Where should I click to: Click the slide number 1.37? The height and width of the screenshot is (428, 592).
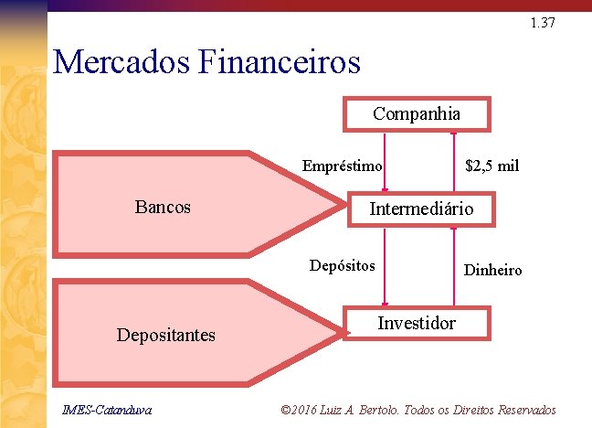(x=542, y=22)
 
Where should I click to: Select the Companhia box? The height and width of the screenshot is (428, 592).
(x=417, y=114)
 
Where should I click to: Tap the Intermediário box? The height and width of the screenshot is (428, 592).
(x=421, y=209)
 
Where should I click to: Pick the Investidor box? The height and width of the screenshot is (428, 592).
(x=417, y=324)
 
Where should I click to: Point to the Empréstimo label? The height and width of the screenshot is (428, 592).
(x=342, y=166)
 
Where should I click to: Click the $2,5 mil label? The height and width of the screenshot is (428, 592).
(x=492, y=166)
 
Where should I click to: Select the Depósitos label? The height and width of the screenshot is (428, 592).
(x=342, y=266)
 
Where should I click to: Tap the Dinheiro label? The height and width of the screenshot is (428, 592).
(x=493, y=270)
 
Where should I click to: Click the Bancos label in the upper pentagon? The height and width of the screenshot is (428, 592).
(x=163, y=207)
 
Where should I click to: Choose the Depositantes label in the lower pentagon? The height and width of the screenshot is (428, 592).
(x=166, y=335)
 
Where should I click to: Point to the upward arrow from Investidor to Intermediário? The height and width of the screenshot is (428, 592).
(x=454, y=265)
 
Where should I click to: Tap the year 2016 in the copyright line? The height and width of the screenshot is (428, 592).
(x=309, y=409)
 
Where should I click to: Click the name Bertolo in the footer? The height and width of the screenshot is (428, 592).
(x=387, y=409)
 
